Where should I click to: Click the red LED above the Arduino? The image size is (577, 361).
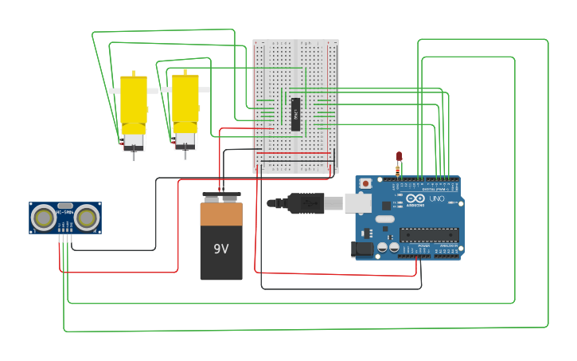400,157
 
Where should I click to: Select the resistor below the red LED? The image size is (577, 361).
398,171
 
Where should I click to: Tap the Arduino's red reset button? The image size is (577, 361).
365,183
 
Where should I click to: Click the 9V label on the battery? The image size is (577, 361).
221,249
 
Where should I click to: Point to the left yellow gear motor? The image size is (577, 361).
133,111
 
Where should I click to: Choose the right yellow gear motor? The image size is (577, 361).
185,108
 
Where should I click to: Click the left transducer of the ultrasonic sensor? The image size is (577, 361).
44,217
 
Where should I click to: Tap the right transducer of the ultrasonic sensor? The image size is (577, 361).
86,217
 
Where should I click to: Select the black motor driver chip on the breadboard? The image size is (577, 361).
295,115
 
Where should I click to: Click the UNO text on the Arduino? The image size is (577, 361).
437,198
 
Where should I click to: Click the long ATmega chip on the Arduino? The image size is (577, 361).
429,234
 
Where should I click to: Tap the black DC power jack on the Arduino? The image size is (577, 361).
362,249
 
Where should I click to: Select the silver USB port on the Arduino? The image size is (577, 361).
358,203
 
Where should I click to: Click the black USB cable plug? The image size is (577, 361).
306,203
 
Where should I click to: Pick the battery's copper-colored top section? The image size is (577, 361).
221,214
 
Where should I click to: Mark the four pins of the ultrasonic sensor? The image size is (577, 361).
65,238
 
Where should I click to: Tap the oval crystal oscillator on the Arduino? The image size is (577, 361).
384,219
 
